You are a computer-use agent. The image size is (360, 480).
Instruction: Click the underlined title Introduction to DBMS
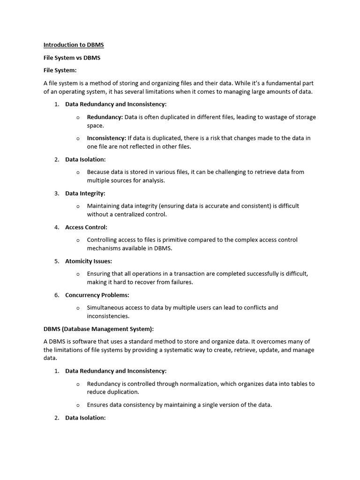(74, 45)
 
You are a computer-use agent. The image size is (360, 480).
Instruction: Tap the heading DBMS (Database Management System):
(98, 329)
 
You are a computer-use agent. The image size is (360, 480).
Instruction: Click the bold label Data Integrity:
(85, 193)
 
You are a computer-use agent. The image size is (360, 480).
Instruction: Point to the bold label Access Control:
(86, 227)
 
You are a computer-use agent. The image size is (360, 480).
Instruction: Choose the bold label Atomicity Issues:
(89, 261)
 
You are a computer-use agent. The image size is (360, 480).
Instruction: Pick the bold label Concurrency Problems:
(97, 295)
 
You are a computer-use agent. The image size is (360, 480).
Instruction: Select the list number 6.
(56, 295)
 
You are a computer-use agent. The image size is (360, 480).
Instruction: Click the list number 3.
(56, 193)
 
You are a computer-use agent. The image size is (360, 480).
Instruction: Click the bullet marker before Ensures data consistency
(78, 405)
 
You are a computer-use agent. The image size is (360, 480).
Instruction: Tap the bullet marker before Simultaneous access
(78, 308)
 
